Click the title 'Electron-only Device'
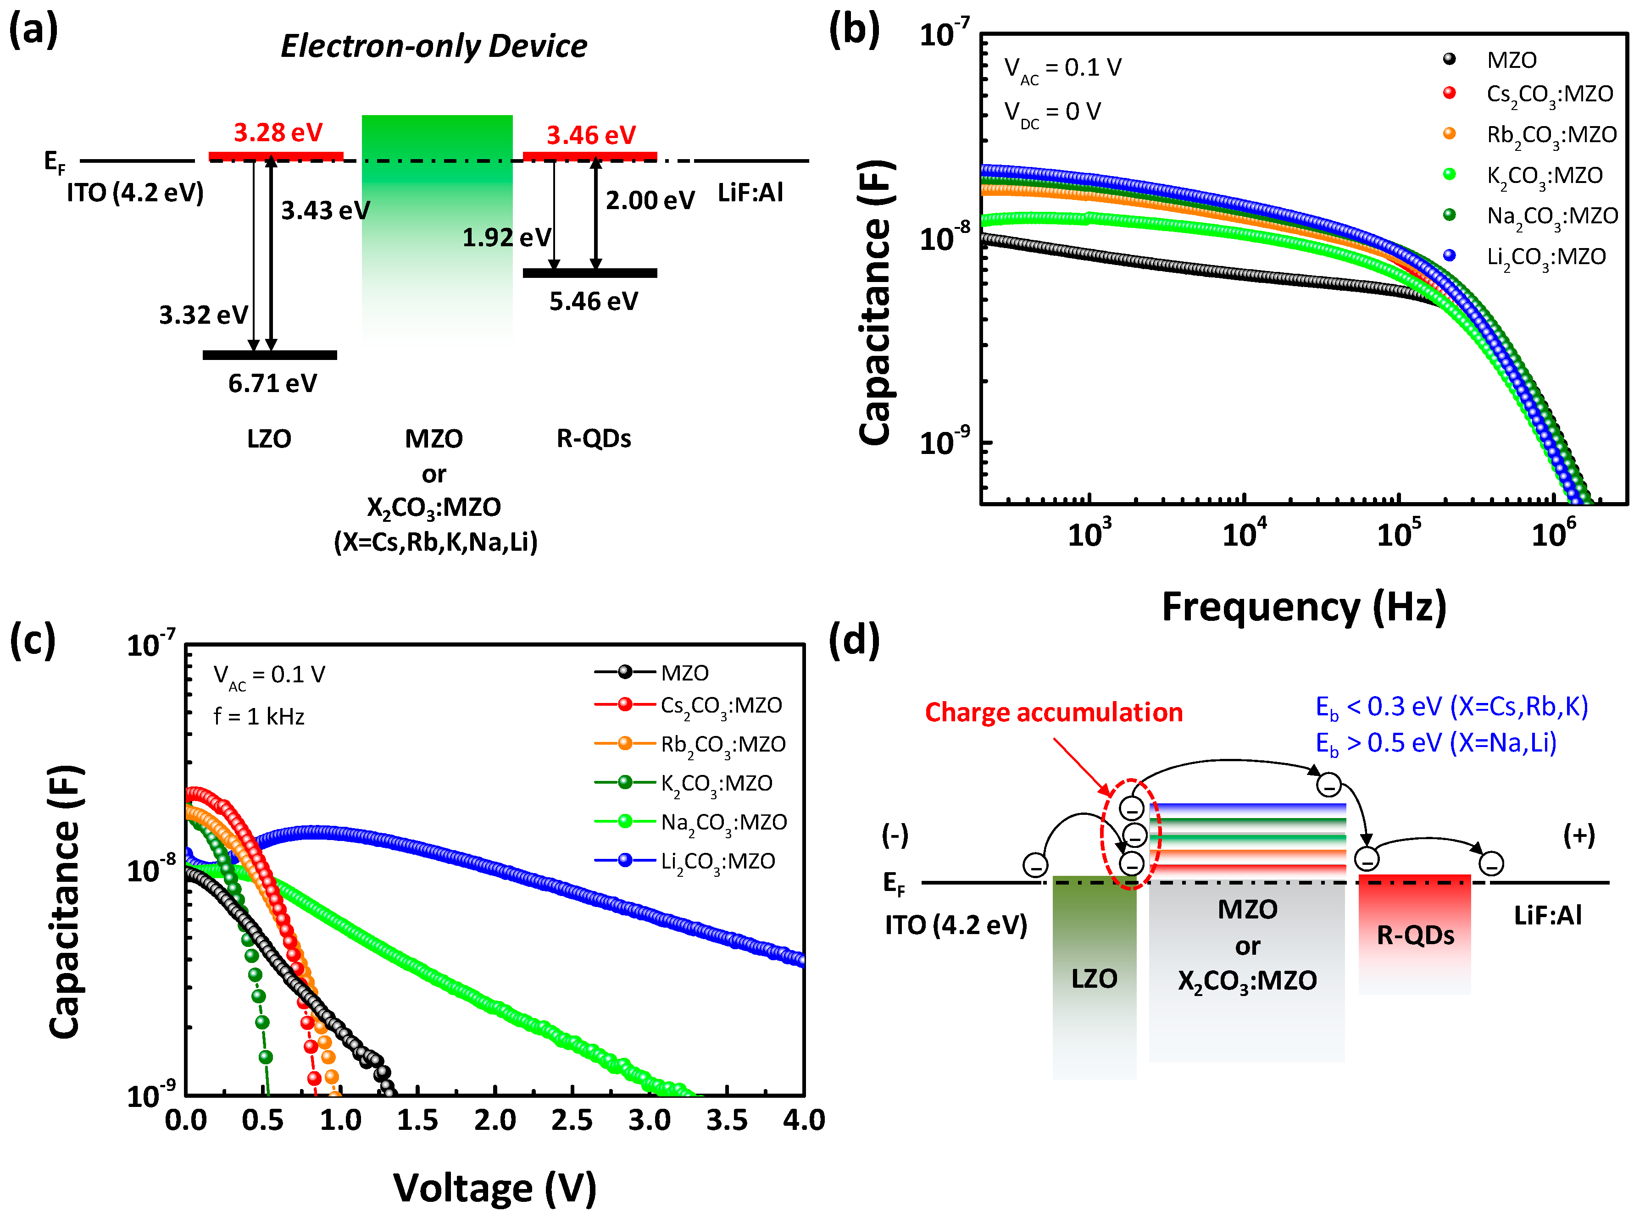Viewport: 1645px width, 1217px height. point(433,46)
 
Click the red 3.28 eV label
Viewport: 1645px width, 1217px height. point(278,133)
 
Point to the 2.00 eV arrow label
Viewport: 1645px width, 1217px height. point(649,200)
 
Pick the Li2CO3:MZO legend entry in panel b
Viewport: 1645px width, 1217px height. point(1545,257)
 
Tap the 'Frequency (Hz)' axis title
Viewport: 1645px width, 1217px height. point(1304,608)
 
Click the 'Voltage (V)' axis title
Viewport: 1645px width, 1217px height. point(495,1188)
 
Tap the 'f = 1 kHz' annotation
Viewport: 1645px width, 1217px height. point(259,717)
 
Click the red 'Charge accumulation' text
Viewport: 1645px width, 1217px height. point(1053,713)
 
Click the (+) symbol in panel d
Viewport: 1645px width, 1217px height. point(1578,835)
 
